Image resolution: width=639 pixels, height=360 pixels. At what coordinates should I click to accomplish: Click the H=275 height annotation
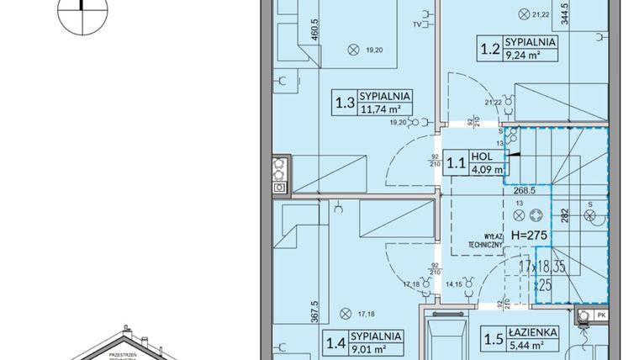point(529,236)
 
